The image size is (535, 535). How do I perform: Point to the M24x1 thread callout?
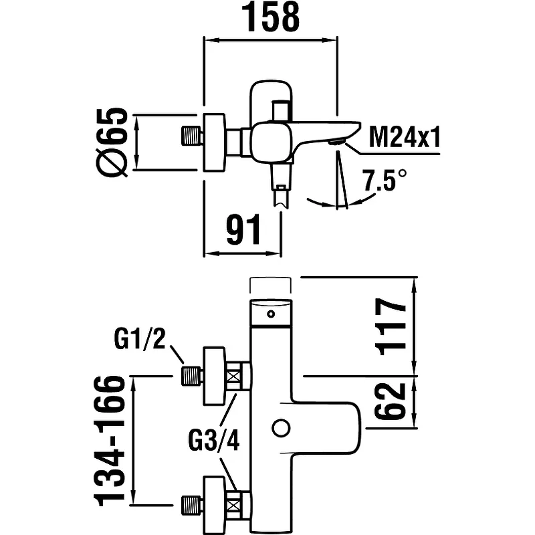coord(405,138)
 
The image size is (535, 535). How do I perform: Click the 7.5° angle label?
coord(384,181)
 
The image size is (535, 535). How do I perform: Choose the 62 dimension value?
coord(391,400)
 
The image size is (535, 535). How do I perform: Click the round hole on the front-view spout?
coord(280,427)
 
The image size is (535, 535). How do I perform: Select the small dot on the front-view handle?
coord(271,314)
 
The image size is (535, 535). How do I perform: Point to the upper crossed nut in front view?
coord(233,376)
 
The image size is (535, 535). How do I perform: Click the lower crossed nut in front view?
coord(233,502)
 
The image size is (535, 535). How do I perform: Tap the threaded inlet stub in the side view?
coord(193,135)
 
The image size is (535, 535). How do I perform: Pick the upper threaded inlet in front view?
coord(193,376)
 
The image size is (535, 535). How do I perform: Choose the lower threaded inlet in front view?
coord(193,502)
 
